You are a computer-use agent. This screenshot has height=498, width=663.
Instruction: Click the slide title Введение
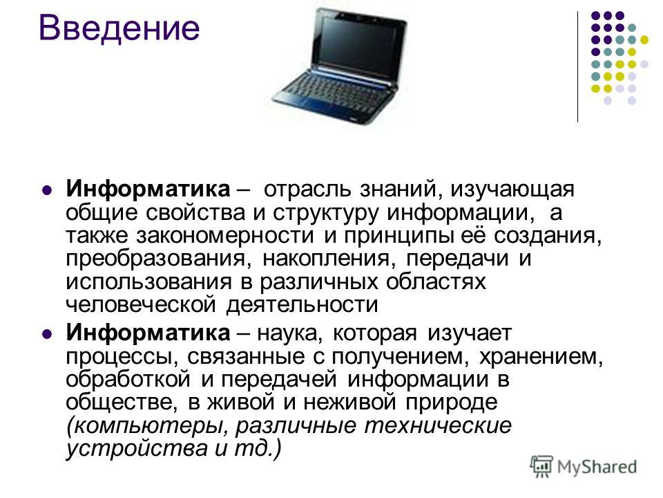pos(119,28)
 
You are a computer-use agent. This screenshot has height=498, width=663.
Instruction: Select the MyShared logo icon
pos(541,467)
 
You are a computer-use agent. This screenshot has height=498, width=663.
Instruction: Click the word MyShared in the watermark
pos(597,467)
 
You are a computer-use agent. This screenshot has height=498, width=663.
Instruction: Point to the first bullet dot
pos(48,190)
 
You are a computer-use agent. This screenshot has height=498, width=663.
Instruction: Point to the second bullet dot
pos(48,333)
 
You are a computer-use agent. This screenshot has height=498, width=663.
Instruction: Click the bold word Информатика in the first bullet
pos(148,189)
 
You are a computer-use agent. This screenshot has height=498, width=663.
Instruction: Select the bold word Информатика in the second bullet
pos(148,333)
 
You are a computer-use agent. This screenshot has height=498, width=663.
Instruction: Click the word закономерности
pos(225,235)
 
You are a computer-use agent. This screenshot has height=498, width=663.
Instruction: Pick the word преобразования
pos(155,259)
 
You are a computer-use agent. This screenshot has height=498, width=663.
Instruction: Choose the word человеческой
pos(141,304)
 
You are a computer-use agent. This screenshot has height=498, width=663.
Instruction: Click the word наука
pos(289,333)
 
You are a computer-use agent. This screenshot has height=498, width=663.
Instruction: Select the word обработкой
pos(128,379)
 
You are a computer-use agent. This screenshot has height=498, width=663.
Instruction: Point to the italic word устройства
pos(136,448)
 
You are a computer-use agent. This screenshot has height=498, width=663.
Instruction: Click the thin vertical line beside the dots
pos(577,67)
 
